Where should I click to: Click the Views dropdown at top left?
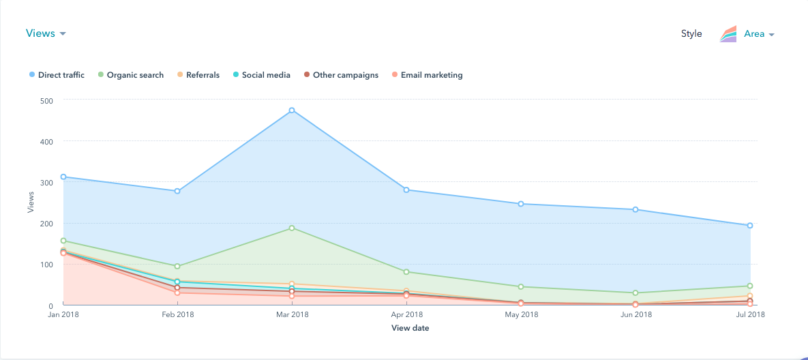coord(45,33)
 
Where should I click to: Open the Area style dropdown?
coord(758,34)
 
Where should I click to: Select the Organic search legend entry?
coord(131,75)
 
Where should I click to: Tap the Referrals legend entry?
coord(198,75)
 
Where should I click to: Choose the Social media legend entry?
coord(261,75)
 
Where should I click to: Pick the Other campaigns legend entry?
coord(341,75)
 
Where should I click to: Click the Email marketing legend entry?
coord(427,75)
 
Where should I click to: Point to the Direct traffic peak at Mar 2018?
coord(292,110)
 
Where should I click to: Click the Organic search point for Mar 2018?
coord(292,228)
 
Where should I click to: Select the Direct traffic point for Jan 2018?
coord(63,177)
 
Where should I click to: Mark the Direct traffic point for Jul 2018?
coord(749,226)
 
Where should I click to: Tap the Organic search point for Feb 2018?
coord(177,267)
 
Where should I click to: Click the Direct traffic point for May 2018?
coord(521,204)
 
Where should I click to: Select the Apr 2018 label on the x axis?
coord(406,315)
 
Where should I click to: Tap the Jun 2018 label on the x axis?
coord(635,315)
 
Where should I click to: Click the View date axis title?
coord(410,329)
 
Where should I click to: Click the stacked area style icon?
coord(728,34)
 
